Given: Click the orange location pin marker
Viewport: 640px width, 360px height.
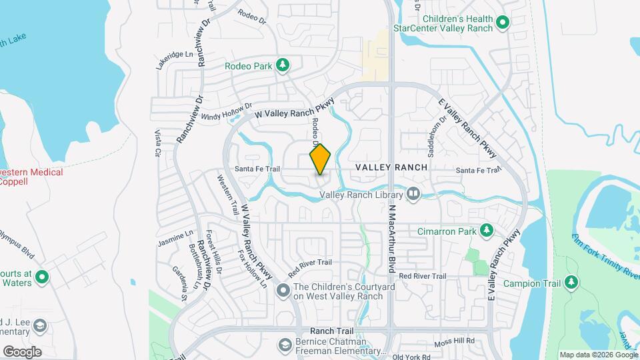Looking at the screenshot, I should pos(321,159).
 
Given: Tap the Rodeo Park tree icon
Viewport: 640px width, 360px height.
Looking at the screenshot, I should pos(283,65).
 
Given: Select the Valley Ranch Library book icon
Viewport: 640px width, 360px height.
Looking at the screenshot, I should pos(413,194).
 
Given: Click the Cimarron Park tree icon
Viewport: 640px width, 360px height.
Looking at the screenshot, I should pos(487,231).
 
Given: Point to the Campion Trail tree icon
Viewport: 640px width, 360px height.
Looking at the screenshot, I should pos(571,283).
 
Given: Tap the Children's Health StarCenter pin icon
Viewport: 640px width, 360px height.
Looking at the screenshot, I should pos(503,23).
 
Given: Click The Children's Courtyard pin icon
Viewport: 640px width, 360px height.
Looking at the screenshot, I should pos(283,291).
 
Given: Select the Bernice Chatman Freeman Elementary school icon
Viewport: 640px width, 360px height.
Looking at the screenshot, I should pos(283,345).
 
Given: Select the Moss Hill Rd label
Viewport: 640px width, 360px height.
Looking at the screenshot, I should pos(455,341).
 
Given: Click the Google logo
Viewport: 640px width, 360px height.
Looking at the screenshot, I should pos(21,351).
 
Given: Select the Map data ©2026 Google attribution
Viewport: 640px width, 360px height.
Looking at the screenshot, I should pos(599,355).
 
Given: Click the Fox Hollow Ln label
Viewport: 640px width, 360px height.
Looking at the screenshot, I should pos(253,269).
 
